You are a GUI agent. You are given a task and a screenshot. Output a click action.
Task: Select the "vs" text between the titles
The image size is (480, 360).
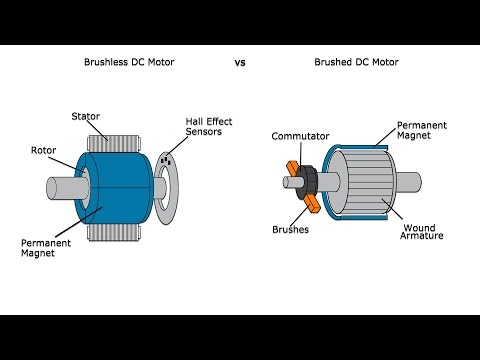[x=240, y=62]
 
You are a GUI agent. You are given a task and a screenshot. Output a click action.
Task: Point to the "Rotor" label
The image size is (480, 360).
[x=43, y=152]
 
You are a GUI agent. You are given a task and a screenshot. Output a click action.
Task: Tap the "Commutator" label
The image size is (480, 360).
[x=295, y=135]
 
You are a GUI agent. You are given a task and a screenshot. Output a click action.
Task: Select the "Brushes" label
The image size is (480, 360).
[x=291, y=229]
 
